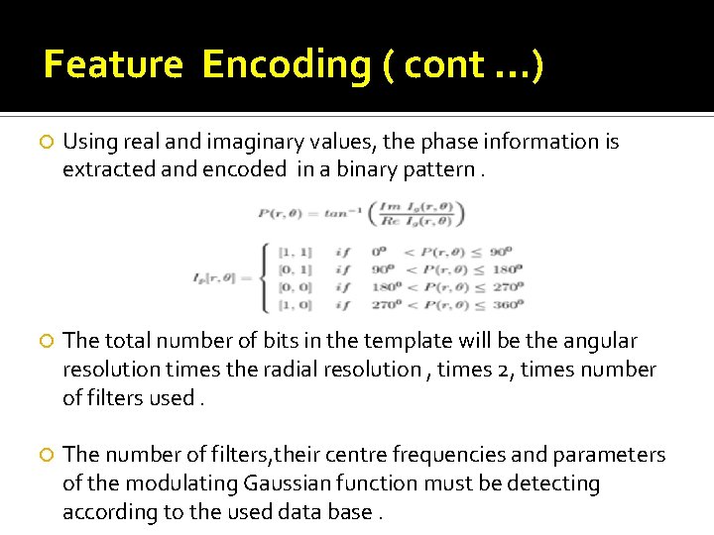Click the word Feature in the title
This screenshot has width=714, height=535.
pos(113,65)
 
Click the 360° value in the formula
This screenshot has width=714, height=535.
pos(510,305)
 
